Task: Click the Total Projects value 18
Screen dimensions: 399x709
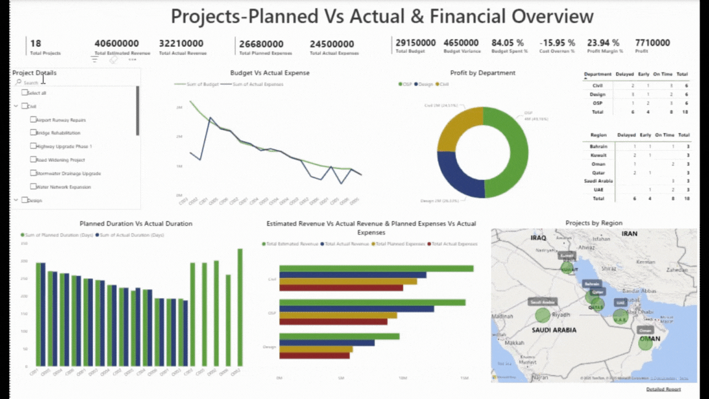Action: [x=36, y=43]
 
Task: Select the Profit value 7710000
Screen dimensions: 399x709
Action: [x=652, y=43]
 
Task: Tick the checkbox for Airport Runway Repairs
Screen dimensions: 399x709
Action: [x=34, y=119]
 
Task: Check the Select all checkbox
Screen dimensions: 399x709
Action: [x=25, y=92]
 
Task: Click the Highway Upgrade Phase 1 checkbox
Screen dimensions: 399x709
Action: [x=34, y=147]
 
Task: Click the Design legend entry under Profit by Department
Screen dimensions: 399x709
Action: [x=425, y=84]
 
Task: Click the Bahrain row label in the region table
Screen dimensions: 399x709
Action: [x=598, y=147]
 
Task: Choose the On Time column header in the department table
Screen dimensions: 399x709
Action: [x=663, y=74]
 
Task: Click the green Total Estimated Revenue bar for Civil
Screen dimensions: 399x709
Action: [x=376, y=268]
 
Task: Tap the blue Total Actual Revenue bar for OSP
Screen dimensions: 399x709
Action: [x=357, y=308]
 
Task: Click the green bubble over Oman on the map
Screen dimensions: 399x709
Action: [x=645, y=343]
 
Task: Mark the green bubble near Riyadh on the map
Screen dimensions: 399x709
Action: [x=542, y=315]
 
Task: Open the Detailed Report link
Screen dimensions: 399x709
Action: [x=663, y=389]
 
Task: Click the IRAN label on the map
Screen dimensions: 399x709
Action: [x=629, y=234]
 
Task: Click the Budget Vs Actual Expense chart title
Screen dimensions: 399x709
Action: [x=270, y=73]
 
